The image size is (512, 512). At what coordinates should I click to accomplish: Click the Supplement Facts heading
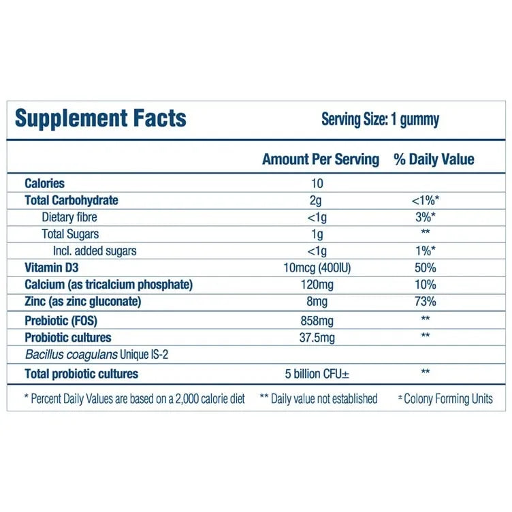click(x=100, y=118)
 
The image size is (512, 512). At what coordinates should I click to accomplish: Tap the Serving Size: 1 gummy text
click(x=380, y=120)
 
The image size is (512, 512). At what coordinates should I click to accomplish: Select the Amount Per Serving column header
click(x=320, y=159)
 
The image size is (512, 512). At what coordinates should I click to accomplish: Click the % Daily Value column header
click(x=434, y=159)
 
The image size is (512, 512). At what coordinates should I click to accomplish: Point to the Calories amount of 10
click(x=317, y=183)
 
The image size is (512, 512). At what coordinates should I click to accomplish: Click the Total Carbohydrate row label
click(x=71, y=200)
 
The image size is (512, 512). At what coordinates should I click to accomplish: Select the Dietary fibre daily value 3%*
click(x=424, y=217)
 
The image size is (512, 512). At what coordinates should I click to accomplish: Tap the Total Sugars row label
click(x=70, y=234)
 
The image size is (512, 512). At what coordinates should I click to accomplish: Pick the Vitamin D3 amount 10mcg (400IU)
click(x=317, y=268)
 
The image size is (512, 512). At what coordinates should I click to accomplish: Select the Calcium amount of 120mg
click(x=317, y=285)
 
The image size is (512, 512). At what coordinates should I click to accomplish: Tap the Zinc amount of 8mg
click(x=317, y=302)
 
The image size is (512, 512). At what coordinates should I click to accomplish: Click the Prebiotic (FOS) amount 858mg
click(x=317, y=320)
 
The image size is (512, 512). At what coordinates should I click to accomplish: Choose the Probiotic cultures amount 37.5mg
click(x=317, y=337)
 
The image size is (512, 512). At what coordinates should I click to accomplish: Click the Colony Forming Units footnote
click(x=445, y=399)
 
